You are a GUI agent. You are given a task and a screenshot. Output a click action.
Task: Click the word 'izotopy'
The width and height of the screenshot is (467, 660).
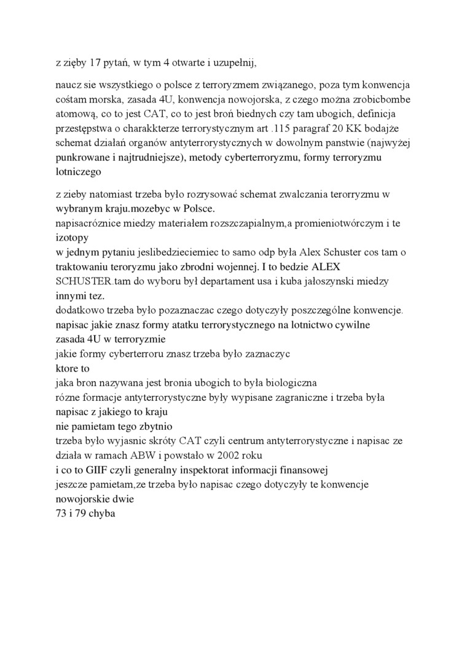click(x=71, y=237)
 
